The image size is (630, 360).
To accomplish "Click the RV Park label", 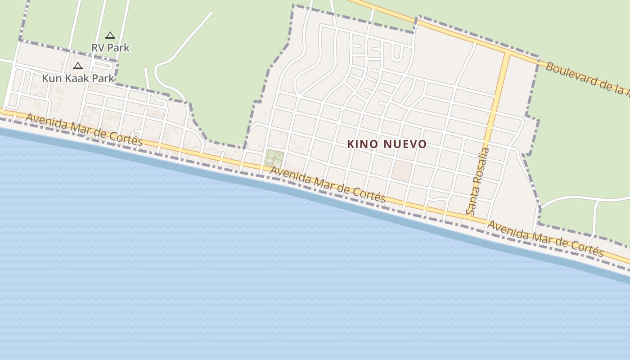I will coord(110,47).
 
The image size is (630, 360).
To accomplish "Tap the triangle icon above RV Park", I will coord(110,35).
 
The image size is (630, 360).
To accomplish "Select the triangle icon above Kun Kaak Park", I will coord(78,66).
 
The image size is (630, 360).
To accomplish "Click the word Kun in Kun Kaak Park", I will coord(51,78).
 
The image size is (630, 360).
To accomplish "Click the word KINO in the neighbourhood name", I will coord(360,144).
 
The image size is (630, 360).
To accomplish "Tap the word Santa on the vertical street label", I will coord(472,198).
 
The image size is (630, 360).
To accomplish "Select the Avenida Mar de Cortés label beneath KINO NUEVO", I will coord(328,184).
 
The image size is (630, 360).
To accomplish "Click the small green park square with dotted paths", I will coord(274,158).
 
